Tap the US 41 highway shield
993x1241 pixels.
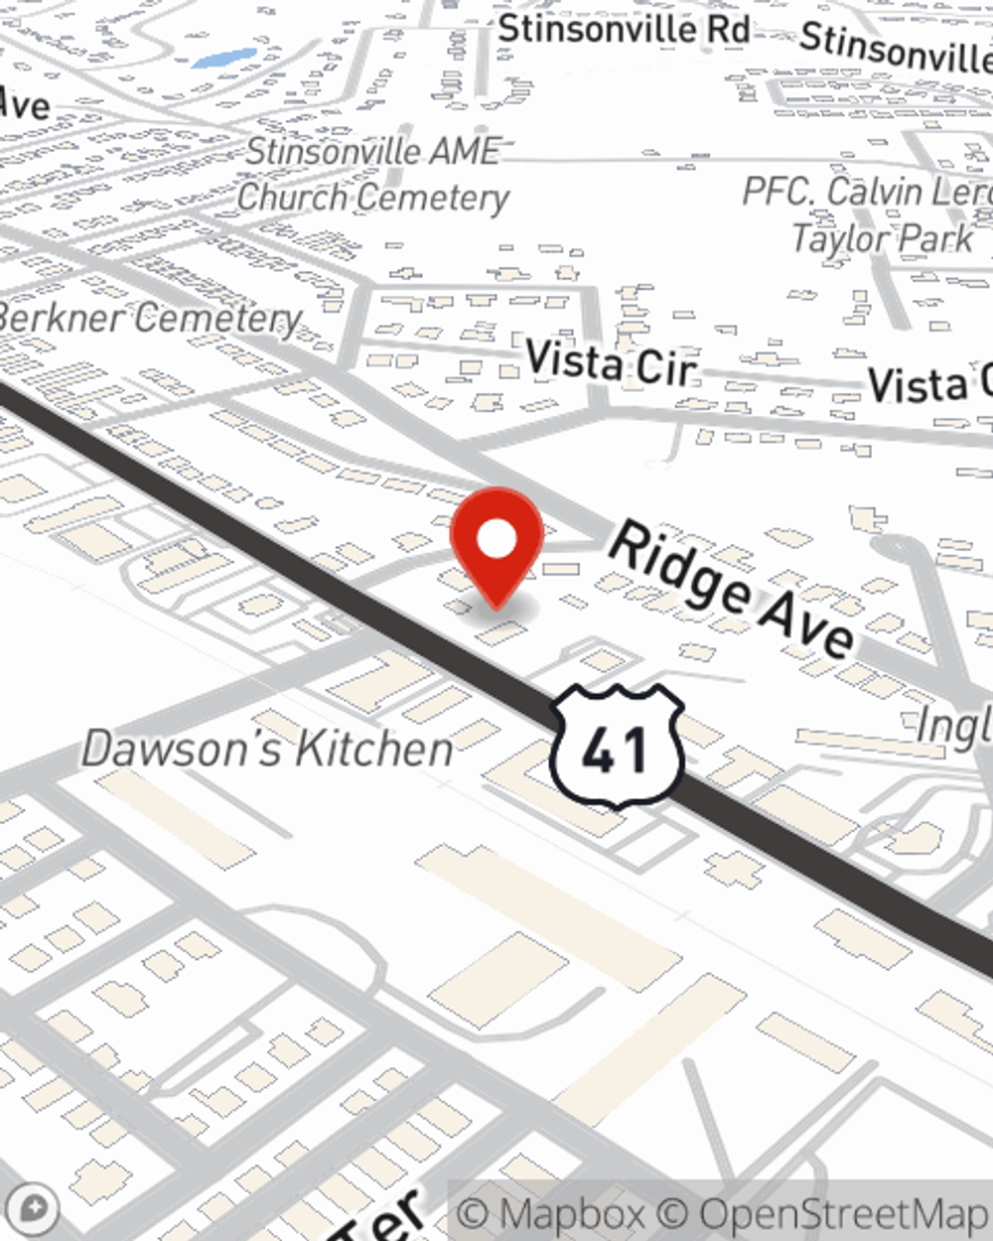[617, 747]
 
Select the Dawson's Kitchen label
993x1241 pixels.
[267, 749]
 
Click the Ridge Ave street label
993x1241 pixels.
[731, 589]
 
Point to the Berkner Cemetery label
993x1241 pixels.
[149, 319]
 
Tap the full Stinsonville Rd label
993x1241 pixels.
[624, 29]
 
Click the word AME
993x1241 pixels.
[463, 151]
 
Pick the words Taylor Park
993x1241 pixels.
[882, 238]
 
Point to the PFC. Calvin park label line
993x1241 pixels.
[867, 192]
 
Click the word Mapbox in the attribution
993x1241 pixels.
[572, 1214]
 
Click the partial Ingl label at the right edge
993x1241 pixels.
[953, 726]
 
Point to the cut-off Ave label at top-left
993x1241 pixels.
[24, 104]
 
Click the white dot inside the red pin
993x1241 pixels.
[496, 541]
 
